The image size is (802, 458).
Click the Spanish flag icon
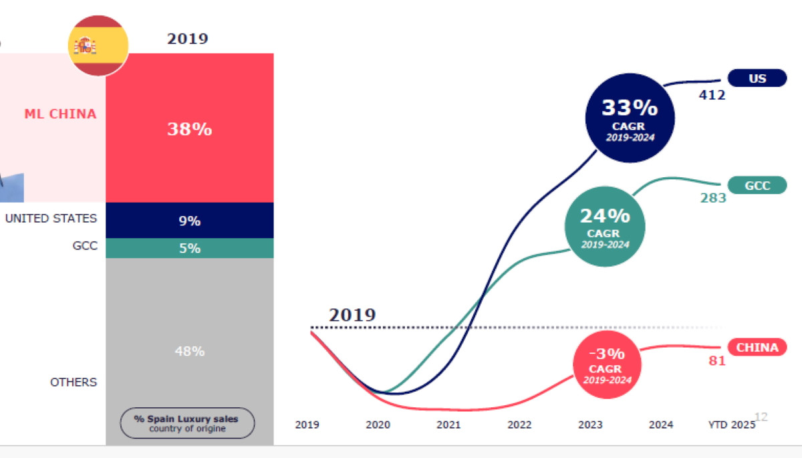[98, 45]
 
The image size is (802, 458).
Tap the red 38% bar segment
[189, 128]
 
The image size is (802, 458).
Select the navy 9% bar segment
[189, 221]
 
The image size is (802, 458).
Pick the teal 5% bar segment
[189, 248]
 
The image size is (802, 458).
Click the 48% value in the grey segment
[189, 351]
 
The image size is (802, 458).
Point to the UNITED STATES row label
[51, 219]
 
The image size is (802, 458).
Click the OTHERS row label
[74, 382]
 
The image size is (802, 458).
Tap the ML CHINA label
[60, 114]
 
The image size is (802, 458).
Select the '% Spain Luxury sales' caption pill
[187, 423]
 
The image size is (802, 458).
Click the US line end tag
[757, 78]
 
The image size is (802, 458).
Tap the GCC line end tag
[757, 185]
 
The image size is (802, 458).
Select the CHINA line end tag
[757, 347]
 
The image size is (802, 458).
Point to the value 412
[712, 96]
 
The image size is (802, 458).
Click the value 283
[713, 198]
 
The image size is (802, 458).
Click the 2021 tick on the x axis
[448, 425]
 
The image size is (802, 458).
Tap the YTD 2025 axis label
[731, 425]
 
